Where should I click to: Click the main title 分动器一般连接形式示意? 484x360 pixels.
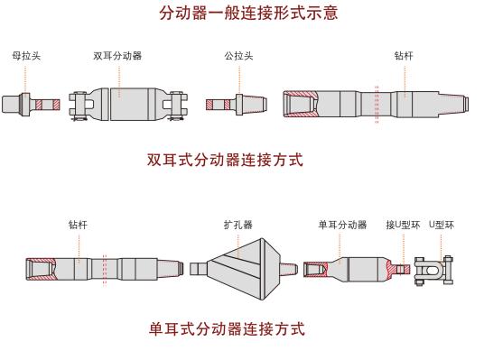coord(248,14)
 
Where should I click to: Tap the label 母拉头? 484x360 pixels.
coord(26,56)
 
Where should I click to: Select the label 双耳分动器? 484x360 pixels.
coord(117,56)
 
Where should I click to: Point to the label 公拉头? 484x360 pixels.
coord(238,56)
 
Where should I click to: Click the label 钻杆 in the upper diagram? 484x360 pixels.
coord(404,56)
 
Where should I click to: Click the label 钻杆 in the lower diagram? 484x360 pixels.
coord(78,225)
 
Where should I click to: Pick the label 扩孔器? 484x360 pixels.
coord(238,225)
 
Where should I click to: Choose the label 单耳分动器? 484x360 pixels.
coord(342,225)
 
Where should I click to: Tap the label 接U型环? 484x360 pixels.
coord(403,225)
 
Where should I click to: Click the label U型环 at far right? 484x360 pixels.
coord(442,225)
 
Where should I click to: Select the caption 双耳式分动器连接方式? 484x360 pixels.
coord(225,160)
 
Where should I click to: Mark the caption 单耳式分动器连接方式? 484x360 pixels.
coord(227,328)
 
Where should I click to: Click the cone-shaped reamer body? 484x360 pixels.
coord(244,269)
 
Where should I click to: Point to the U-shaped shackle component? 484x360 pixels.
coord(433,271)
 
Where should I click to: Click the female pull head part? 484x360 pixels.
coord(31,105)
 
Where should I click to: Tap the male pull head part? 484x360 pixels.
coord(237,105)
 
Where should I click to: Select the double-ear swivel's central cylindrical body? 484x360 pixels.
coord(129,105)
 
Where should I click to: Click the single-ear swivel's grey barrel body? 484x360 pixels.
coord(364,270)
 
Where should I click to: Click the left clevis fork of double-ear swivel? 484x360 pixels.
coord(81,106)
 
